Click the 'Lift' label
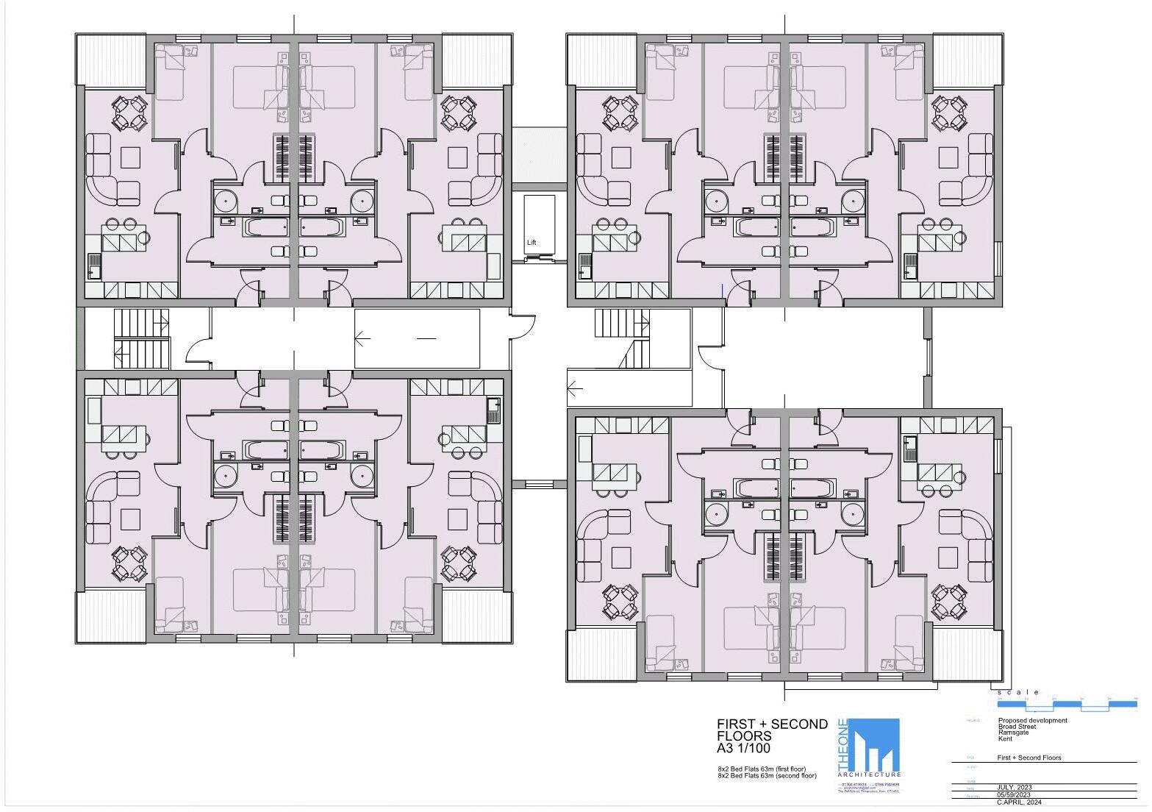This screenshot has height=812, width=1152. tap(532, 242)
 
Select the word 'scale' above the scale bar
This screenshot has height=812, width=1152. tap(1017, 692)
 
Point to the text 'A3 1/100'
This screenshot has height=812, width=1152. tap(743, 749)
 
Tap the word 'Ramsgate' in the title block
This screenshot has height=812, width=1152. tap(1013, 733)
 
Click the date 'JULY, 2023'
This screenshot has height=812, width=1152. tap(1015, 787)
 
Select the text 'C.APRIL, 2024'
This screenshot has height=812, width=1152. tap(1020, 802)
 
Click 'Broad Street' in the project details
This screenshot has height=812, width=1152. tap(1017, 727)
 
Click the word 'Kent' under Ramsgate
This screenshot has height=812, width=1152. tap(1005, 738)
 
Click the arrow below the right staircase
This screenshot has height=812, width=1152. tap(575, 388)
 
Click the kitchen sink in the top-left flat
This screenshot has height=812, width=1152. tap(93, 266)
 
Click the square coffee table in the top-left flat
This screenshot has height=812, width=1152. tap(131, 157)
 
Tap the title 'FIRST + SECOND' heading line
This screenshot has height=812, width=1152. tap(772, 724)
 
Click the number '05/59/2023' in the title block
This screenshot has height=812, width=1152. tap(1014, 794)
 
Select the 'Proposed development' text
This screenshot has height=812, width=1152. tap(1032, 720)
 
